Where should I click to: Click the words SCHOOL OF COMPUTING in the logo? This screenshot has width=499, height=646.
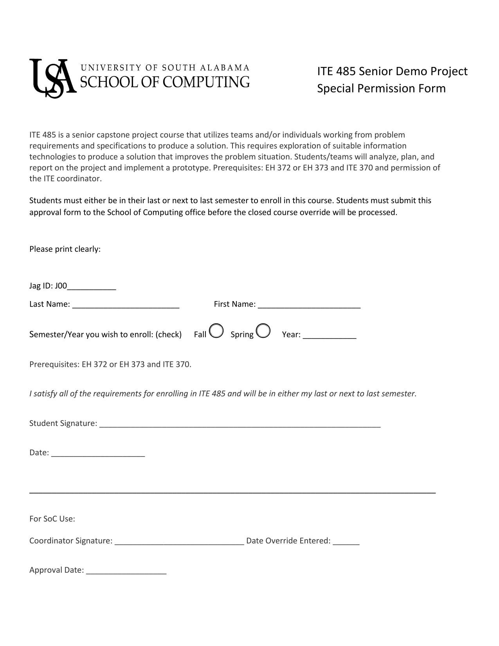pyautogui.click(x=165, y=82)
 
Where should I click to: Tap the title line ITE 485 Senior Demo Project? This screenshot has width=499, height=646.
pyautogui.click(x=392, y=71)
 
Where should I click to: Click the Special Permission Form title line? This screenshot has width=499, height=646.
pyautogui.click(x=381, y=88)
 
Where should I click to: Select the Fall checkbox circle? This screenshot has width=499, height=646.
pyautogui.click(x=216, y=331)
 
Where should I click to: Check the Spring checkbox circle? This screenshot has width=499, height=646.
pyautogui.click(x=263, y=331)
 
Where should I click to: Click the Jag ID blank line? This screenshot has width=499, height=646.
pyautogui.click(x=92, y=287)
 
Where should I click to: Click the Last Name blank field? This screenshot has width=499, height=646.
pyautogui.click(x=126, y=305)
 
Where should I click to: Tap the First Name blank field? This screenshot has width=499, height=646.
pyautogui.click(x=309, y=305)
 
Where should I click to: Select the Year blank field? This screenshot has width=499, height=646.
pyautogui.click(x=330, y=336)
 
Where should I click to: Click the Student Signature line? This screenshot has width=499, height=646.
pyautogui.click(x=240, y=424)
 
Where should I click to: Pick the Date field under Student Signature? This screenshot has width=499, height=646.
pyautogui.click(x=98, y=454)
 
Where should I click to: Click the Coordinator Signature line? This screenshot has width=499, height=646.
pyautogui.click(x=179, y=542)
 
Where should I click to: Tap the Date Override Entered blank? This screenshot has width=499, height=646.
pyautogui.click(x=346, y=542)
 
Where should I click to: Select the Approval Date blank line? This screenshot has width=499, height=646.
pyautogui.click(x=126, y=571)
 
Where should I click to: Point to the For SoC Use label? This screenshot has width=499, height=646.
pyautogui.click(x=52, y=519)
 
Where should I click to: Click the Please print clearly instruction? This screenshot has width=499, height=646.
pyautogui.click(x=65, y=249)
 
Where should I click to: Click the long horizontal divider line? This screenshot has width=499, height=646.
pyautogui.click(x=232, y=492)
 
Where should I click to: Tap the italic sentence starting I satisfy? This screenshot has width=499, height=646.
pyautogui.click(x=223, y=393)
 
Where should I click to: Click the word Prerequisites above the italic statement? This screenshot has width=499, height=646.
pyautogui.click(x=54, y=365)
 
